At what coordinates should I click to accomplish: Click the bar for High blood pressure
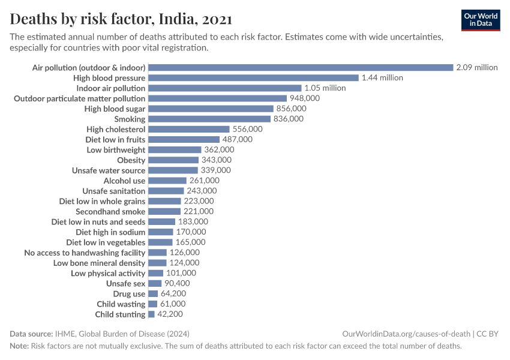coord(253,78)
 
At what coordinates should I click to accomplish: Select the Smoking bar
coord(209,119)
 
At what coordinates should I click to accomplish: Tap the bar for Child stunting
coord(151,314)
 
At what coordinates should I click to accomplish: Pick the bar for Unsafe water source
coord(173,170)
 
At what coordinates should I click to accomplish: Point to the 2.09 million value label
coord(476,68)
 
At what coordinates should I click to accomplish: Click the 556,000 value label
coord(248,129)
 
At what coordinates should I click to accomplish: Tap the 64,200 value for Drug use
coord(173,294)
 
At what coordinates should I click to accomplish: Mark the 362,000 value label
coord(219,149)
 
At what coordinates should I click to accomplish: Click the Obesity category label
coord(131,160)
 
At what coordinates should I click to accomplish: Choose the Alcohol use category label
coord(124,181)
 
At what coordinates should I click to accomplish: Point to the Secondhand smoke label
coord(110,212)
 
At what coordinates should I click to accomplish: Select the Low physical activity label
coord(108,273)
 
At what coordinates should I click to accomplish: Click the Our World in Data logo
coord(480,19)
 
